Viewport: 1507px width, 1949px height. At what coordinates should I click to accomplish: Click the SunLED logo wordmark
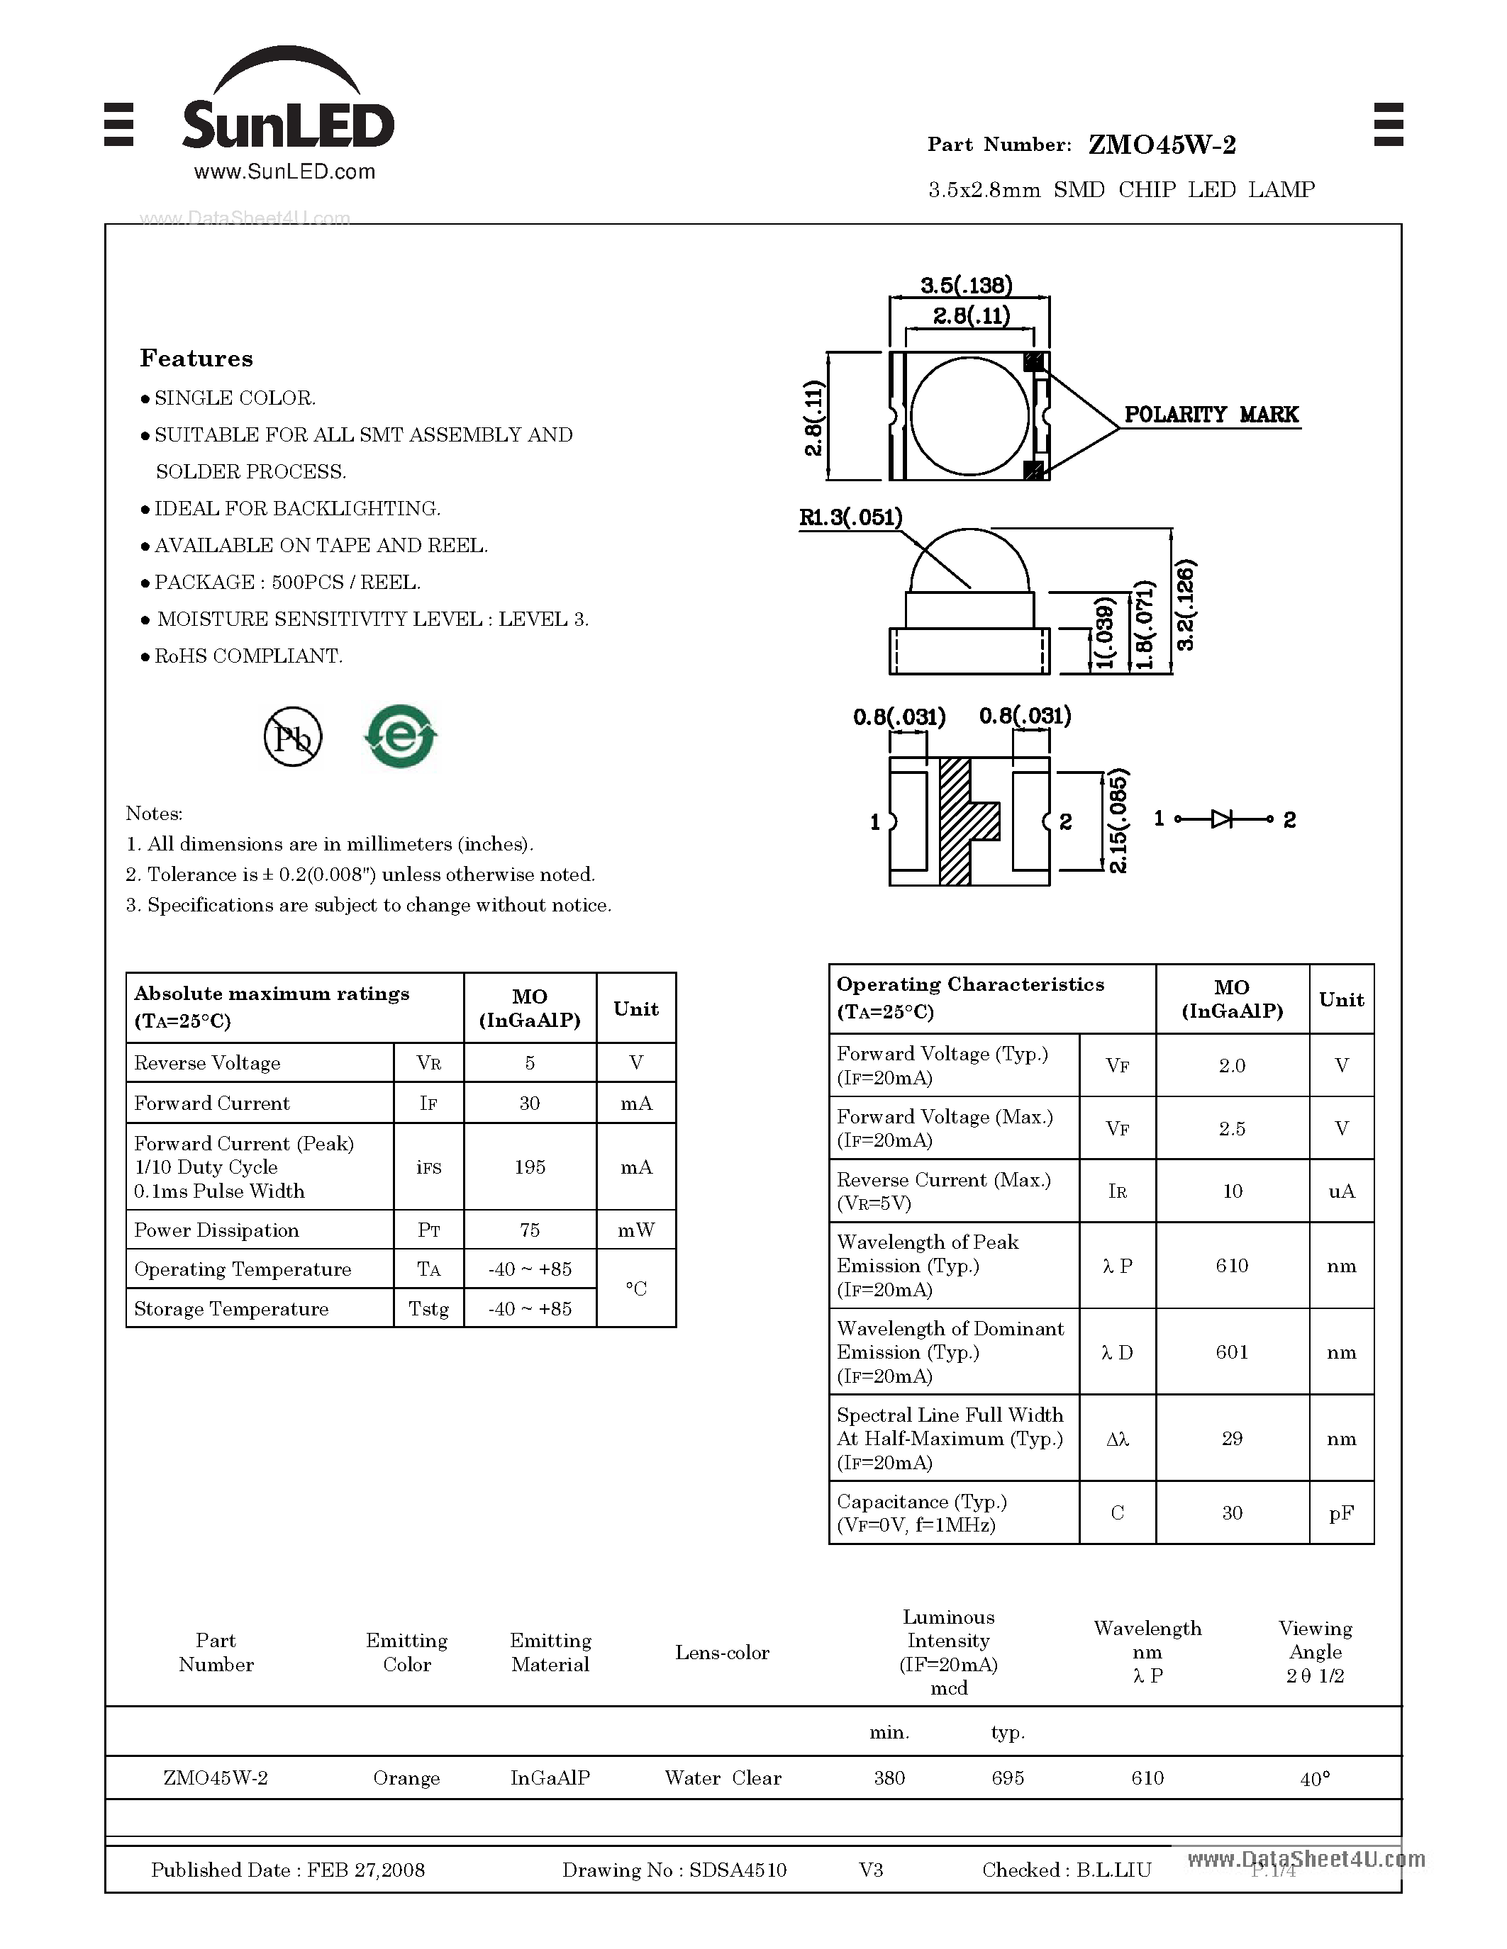[x=287, y=124]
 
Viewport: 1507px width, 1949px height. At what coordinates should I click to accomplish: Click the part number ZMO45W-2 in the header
[x=1162, y=145]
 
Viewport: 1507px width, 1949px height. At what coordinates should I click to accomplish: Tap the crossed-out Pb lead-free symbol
[x=293, y=737]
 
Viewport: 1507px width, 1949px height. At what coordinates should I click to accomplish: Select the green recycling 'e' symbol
[x=401, y=736]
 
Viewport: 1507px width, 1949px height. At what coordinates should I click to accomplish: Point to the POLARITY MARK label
[x=1211, y=415]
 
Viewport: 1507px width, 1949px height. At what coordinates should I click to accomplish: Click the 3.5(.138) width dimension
[x=966, y=286]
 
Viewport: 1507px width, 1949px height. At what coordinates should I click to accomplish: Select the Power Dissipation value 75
[x=530, y=1230]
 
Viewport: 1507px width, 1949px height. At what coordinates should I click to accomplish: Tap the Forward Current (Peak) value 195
[x=530, y=1167]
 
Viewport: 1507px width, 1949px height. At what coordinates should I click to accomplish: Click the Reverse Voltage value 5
[x=530, y=1063]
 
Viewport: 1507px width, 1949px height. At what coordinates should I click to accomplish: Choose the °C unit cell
[x=635, y=1288]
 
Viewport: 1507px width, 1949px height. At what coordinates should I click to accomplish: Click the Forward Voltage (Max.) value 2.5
[x=1231, y=1128]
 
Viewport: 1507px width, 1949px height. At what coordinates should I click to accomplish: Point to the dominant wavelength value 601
[x=1231, y=1352]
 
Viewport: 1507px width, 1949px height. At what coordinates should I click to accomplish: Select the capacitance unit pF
[x=1341, y=1512]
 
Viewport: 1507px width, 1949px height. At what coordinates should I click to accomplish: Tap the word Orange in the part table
[x=406, y=1777]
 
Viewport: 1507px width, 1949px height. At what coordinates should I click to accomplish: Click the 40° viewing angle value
[x=1315, y=1779]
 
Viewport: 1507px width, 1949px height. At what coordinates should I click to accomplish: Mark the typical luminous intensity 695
[x=1007, y=1777]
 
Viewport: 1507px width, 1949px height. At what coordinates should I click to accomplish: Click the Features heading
[x=196, y=359]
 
